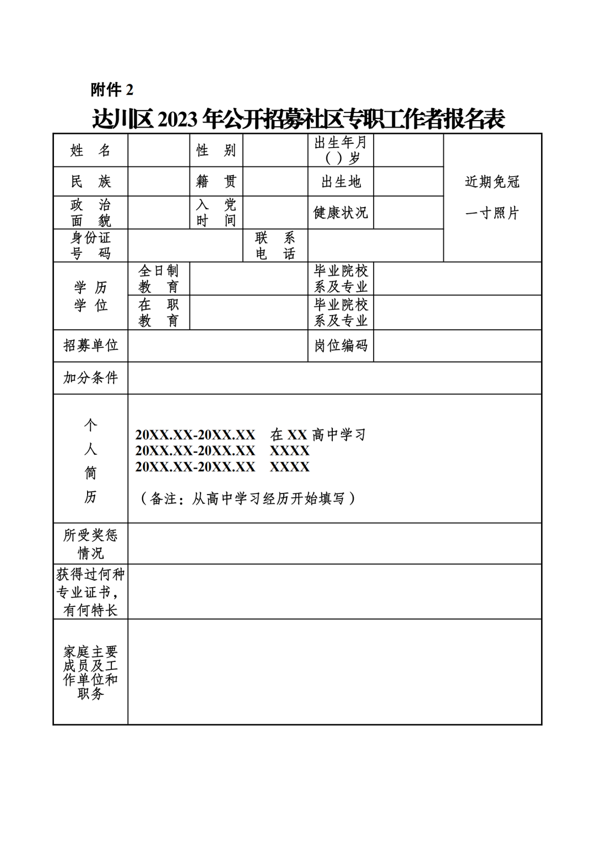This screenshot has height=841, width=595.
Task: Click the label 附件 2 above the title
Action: [x=112, y=89]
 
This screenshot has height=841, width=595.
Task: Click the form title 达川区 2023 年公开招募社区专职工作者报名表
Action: [x=298, y=118]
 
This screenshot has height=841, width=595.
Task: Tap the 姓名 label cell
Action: [x=90, y=150]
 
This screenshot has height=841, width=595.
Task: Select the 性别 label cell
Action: [x=216, y=150]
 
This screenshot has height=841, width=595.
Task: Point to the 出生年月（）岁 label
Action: [x=340, y=150]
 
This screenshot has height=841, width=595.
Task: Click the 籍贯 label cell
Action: [x=216, y=181]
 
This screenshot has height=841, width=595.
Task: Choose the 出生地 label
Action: [x=340, y=181]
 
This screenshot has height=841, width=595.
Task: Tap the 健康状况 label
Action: [x=340, y=213]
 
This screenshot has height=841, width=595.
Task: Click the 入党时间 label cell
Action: [x=216, y=213]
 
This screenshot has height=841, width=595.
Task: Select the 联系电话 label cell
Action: [x=275, y=246]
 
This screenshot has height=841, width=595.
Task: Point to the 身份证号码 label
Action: [x=90, y=246]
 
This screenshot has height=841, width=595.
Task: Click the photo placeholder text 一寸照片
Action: [x=492, y=213]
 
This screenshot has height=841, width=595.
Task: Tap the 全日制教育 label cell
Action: [x=159, y=279]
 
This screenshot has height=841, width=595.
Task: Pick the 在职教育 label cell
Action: [x=159, y=312]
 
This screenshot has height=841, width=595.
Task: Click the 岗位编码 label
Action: [x=340, y=345]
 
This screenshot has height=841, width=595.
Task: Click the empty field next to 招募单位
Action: [x=218, y=345]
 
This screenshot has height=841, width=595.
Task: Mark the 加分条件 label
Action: [x=90, y=378]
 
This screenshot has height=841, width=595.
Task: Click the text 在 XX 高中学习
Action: [x=318, y=435]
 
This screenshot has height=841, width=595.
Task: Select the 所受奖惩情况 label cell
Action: [x=90, y=544]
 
